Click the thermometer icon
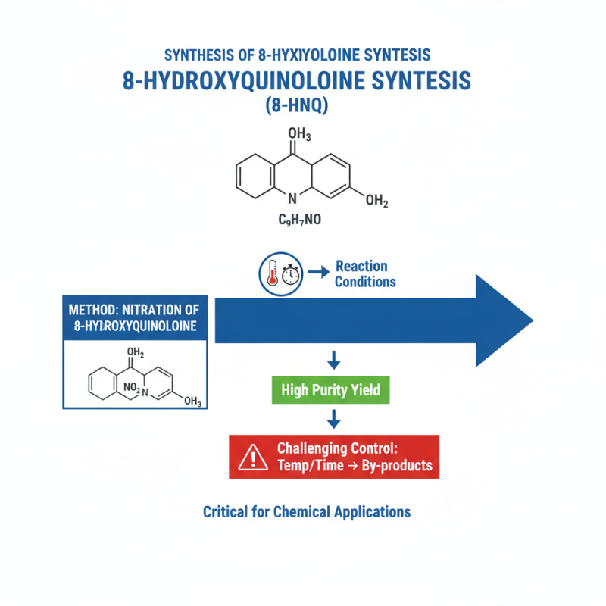(272, 274)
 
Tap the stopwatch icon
(291, 274)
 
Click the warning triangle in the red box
(249, 458)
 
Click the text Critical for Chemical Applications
(307, 511)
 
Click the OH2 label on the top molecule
(376, 201)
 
